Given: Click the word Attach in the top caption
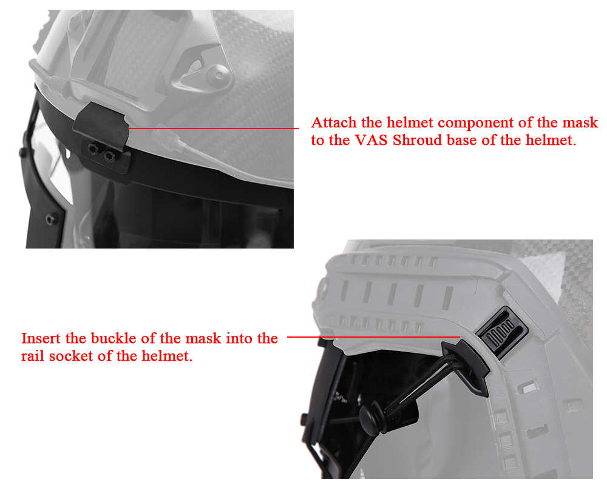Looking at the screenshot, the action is click(x=334, y=122).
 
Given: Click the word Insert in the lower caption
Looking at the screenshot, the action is click(x=41, y=338).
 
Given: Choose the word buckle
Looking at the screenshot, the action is click(x=114, y=338).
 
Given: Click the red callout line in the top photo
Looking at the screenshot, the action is click(x=213, y=128).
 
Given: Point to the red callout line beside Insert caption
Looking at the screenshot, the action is click(x=373, y=337).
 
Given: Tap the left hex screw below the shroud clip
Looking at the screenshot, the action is click(x=93, y=149).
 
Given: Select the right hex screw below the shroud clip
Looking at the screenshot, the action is click(x=109, y=156).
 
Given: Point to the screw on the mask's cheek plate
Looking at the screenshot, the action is click(x=51, y=220).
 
